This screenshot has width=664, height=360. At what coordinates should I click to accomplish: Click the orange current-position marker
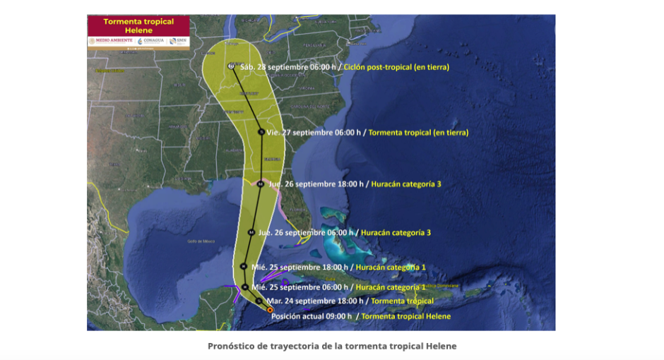click(x=270, y=310)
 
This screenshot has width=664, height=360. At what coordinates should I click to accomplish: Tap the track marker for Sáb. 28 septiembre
click(x=232, y=66)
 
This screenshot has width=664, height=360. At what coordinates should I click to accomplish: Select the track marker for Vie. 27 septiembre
click(x=261, y=132)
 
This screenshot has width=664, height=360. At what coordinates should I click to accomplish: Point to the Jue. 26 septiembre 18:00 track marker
click(x=260, y=184)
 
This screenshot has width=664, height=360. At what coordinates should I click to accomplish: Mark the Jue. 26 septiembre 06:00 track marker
click(x=251, y=232)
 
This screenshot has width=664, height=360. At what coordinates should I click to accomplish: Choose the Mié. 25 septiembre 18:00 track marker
click(x=243, y=266)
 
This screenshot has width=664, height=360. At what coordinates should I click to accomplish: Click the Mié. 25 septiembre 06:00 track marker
click(x=244, y=287)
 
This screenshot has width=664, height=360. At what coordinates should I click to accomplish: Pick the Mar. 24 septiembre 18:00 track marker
click(x=259, y=301)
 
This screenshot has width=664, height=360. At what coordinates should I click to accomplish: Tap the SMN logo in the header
click(x=179, y=41)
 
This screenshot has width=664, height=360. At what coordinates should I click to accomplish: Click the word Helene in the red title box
click(x=138, y=30)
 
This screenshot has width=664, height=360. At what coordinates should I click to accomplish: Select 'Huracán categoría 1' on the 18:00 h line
click(x=390, y=267)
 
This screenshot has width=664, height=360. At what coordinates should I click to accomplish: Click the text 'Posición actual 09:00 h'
click(x=311, y=316)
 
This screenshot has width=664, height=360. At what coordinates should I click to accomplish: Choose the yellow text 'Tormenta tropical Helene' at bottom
click(x=405, y=316)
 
